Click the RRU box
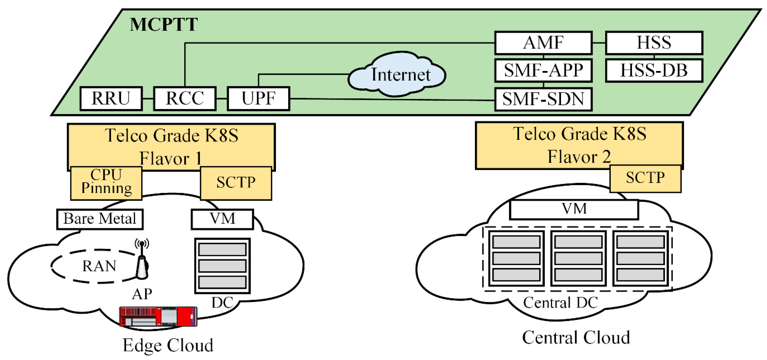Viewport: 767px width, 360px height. pyautogui.click(x=111, y=99)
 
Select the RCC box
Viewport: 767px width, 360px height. pyautogui.click(x=185, y=99)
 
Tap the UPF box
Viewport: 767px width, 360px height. pyautogui.click(x=258, y=99)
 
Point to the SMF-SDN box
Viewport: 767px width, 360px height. pyautogui.click(x=543, y=99)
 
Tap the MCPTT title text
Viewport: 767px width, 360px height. pyautogui.click(x=164, y=25)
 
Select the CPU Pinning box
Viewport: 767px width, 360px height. pyautogui.click(x=106, y=183)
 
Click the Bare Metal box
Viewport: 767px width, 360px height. pyautogui.click(x=100, y=219)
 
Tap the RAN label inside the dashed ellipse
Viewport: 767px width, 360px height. pyautogui.click(x=99, y=266)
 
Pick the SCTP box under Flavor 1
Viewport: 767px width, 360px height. pyautogui.click(x=236, y=183)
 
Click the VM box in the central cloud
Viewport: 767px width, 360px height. pyautogui.click(x=574, y=209)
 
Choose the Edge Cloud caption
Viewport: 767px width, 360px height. pyautogui.click(x=168, y=345)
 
